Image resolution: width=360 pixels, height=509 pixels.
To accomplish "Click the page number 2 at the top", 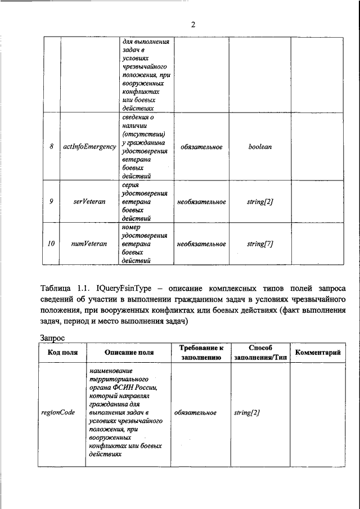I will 192,24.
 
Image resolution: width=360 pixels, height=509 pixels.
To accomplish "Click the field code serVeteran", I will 89,201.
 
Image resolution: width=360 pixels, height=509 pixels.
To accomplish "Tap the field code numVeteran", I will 89,244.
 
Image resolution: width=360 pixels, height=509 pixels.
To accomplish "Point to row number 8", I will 52,147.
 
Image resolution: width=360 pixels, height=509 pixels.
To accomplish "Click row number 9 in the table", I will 51,201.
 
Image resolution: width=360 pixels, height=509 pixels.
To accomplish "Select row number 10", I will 51,244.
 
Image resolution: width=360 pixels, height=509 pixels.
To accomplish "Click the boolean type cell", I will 260,147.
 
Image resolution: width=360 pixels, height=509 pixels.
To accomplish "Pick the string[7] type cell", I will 260,244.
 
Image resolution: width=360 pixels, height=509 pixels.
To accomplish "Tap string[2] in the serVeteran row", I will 260,201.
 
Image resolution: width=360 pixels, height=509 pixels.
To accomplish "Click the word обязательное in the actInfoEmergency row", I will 201,147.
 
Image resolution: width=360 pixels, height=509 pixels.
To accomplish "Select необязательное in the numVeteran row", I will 201,244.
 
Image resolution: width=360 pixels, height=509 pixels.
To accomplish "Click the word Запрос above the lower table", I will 53,339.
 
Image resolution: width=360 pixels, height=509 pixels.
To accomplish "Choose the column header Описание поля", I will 129,353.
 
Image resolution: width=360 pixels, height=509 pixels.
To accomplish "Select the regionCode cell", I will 58,412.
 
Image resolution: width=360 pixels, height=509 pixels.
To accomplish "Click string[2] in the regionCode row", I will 246,412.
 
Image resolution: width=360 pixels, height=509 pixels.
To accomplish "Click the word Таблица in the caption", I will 57,289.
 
